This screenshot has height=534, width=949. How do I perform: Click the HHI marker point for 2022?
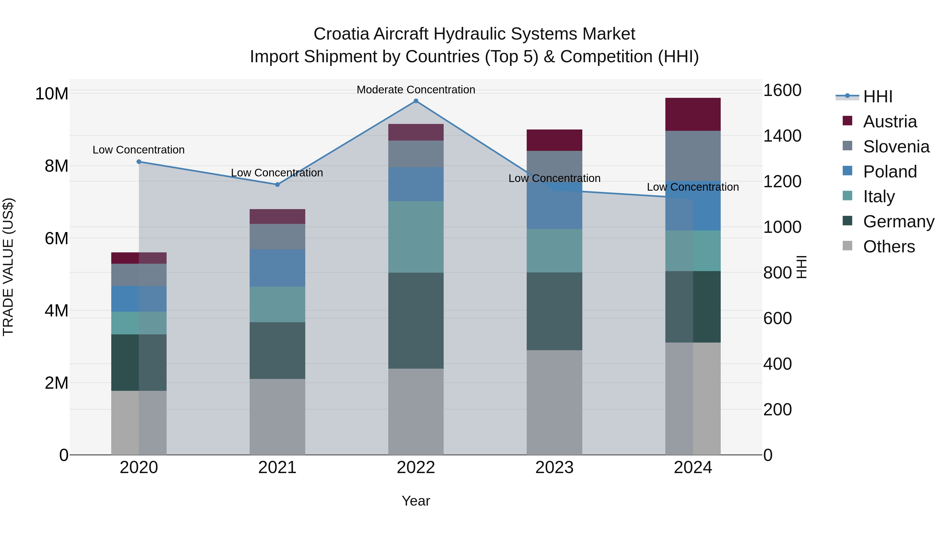[416, 101]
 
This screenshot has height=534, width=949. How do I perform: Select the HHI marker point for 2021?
[277, 185]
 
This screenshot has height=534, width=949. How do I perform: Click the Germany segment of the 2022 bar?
[416, 321]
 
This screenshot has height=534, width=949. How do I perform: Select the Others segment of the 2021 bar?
[277, 416]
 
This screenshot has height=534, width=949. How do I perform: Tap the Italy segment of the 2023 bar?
[554, 251]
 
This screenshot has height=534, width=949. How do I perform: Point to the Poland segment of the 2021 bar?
[277, 268]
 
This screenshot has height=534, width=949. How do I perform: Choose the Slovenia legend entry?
[896, 147]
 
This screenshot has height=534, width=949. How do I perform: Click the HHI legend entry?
[878, 97]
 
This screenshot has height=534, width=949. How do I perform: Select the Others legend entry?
[889, 247]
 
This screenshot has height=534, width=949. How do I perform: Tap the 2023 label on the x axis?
[554, 468]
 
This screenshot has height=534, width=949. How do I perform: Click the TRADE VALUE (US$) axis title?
[8, 267]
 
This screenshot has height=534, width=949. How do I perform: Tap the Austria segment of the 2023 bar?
[554, 140]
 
